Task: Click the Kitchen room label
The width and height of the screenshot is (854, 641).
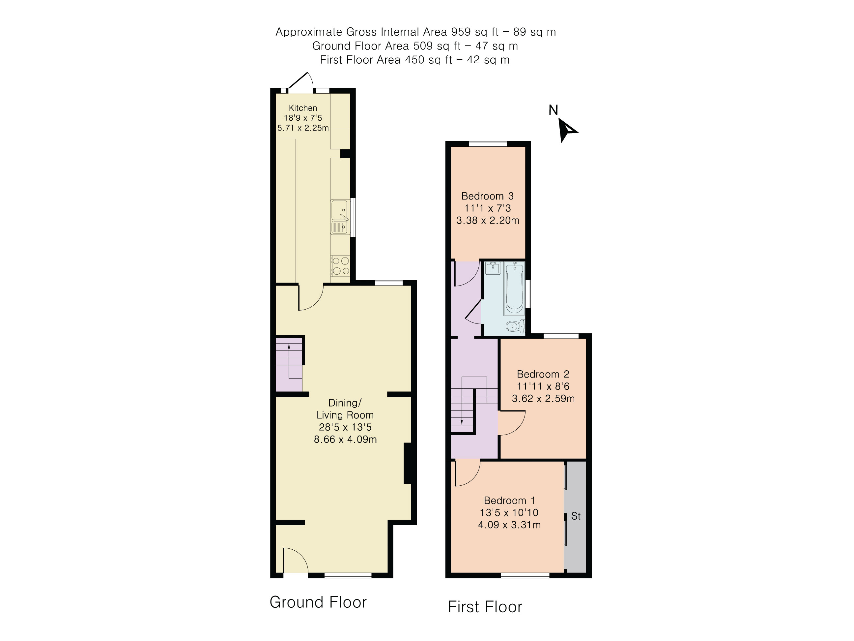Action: [x=303, y=108]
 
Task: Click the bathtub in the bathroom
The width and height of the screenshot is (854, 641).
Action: [x=514, y=288]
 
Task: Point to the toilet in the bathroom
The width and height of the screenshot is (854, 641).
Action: [x=515, y=326]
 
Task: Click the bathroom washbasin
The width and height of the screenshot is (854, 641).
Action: [x=493, y=268]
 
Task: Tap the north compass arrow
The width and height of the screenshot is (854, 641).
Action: [x=567, y=130]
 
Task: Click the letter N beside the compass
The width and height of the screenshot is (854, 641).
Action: [x=553, y=110]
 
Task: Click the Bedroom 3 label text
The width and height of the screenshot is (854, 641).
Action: [x=487, y=196]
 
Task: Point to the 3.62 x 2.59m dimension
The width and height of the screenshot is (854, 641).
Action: [x=543, y=398]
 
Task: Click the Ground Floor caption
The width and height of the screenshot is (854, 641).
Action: [x=318, y=602]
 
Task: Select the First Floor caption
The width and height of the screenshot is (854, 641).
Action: [x=485, y=607]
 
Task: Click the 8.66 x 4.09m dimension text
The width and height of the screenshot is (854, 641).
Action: [x=345, y=439]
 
